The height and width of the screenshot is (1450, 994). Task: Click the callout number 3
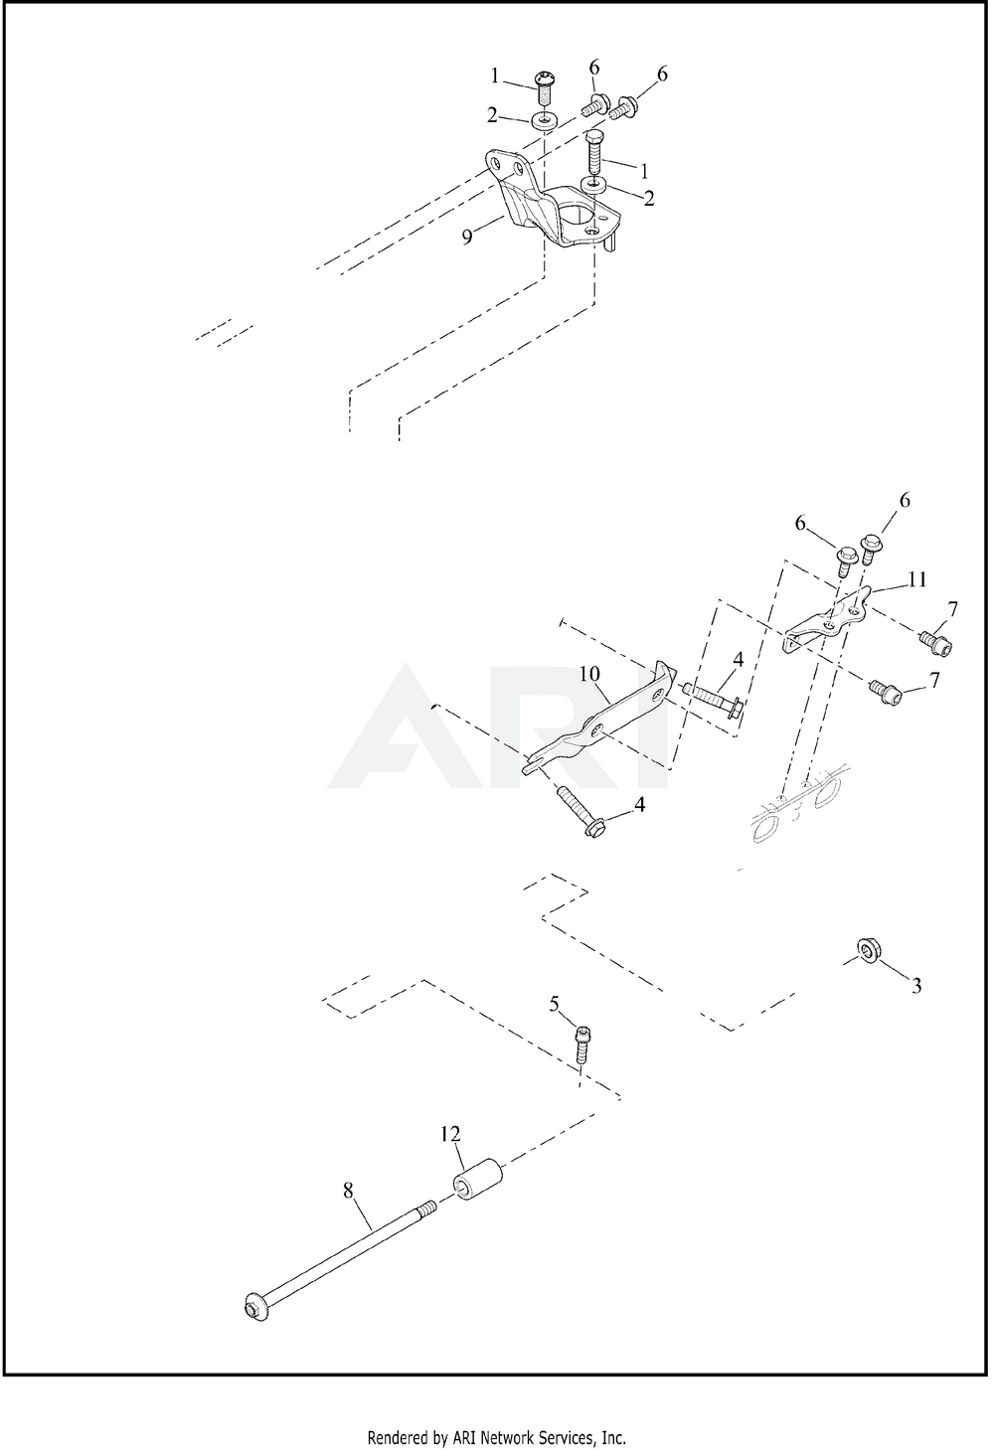coord(916,986)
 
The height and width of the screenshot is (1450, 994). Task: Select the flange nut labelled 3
coord(868,951)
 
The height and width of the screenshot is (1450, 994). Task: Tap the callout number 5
coord(555,1004)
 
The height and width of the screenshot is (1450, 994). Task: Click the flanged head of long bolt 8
coord(252,1305)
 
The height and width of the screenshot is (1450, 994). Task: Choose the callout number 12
coord(452,1133)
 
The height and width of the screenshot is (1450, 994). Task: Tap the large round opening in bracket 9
coord(573,215)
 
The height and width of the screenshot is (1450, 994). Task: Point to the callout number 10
coord(590,675)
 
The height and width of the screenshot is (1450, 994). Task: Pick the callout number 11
coord(917,577)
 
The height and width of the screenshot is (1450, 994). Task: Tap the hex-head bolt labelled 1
coord(594,150)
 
